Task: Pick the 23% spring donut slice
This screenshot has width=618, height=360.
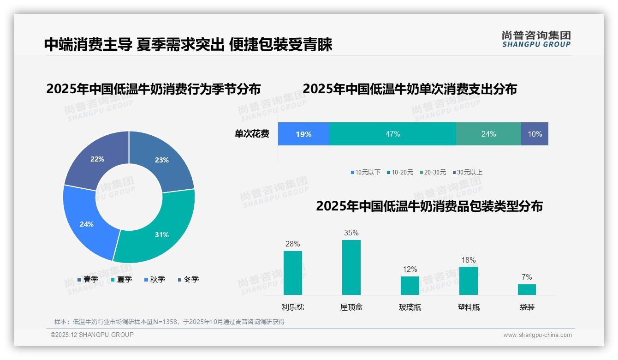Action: [161, 160]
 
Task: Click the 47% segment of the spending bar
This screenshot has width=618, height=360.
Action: [392, 134]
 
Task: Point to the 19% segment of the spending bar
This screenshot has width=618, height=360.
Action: [303, 134]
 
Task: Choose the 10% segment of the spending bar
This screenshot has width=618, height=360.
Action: [535, 134]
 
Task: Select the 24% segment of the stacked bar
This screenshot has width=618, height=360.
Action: [488, 134]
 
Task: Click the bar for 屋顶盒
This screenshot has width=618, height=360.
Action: [351, 267]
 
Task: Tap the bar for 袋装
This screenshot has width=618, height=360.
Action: [527, 289]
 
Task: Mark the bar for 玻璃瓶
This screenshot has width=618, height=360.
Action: [410, 285]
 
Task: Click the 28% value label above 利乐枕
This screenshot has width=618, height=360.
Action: [292, 244]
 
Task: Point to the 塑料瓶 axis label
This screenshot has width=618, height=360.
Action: [468, 307]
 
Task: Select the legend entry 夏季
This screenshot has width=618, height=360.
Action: [121, 279]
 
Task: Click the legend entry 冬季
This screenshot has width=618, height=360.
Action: [188, 279]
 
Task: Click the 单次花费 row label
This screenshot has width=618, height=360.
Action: [252, 134]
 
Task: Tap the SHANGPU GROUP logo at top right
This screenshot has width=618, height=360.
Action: [536, 39]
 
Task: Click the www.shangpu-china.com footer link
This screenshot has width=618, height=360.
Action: [537, 335]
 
